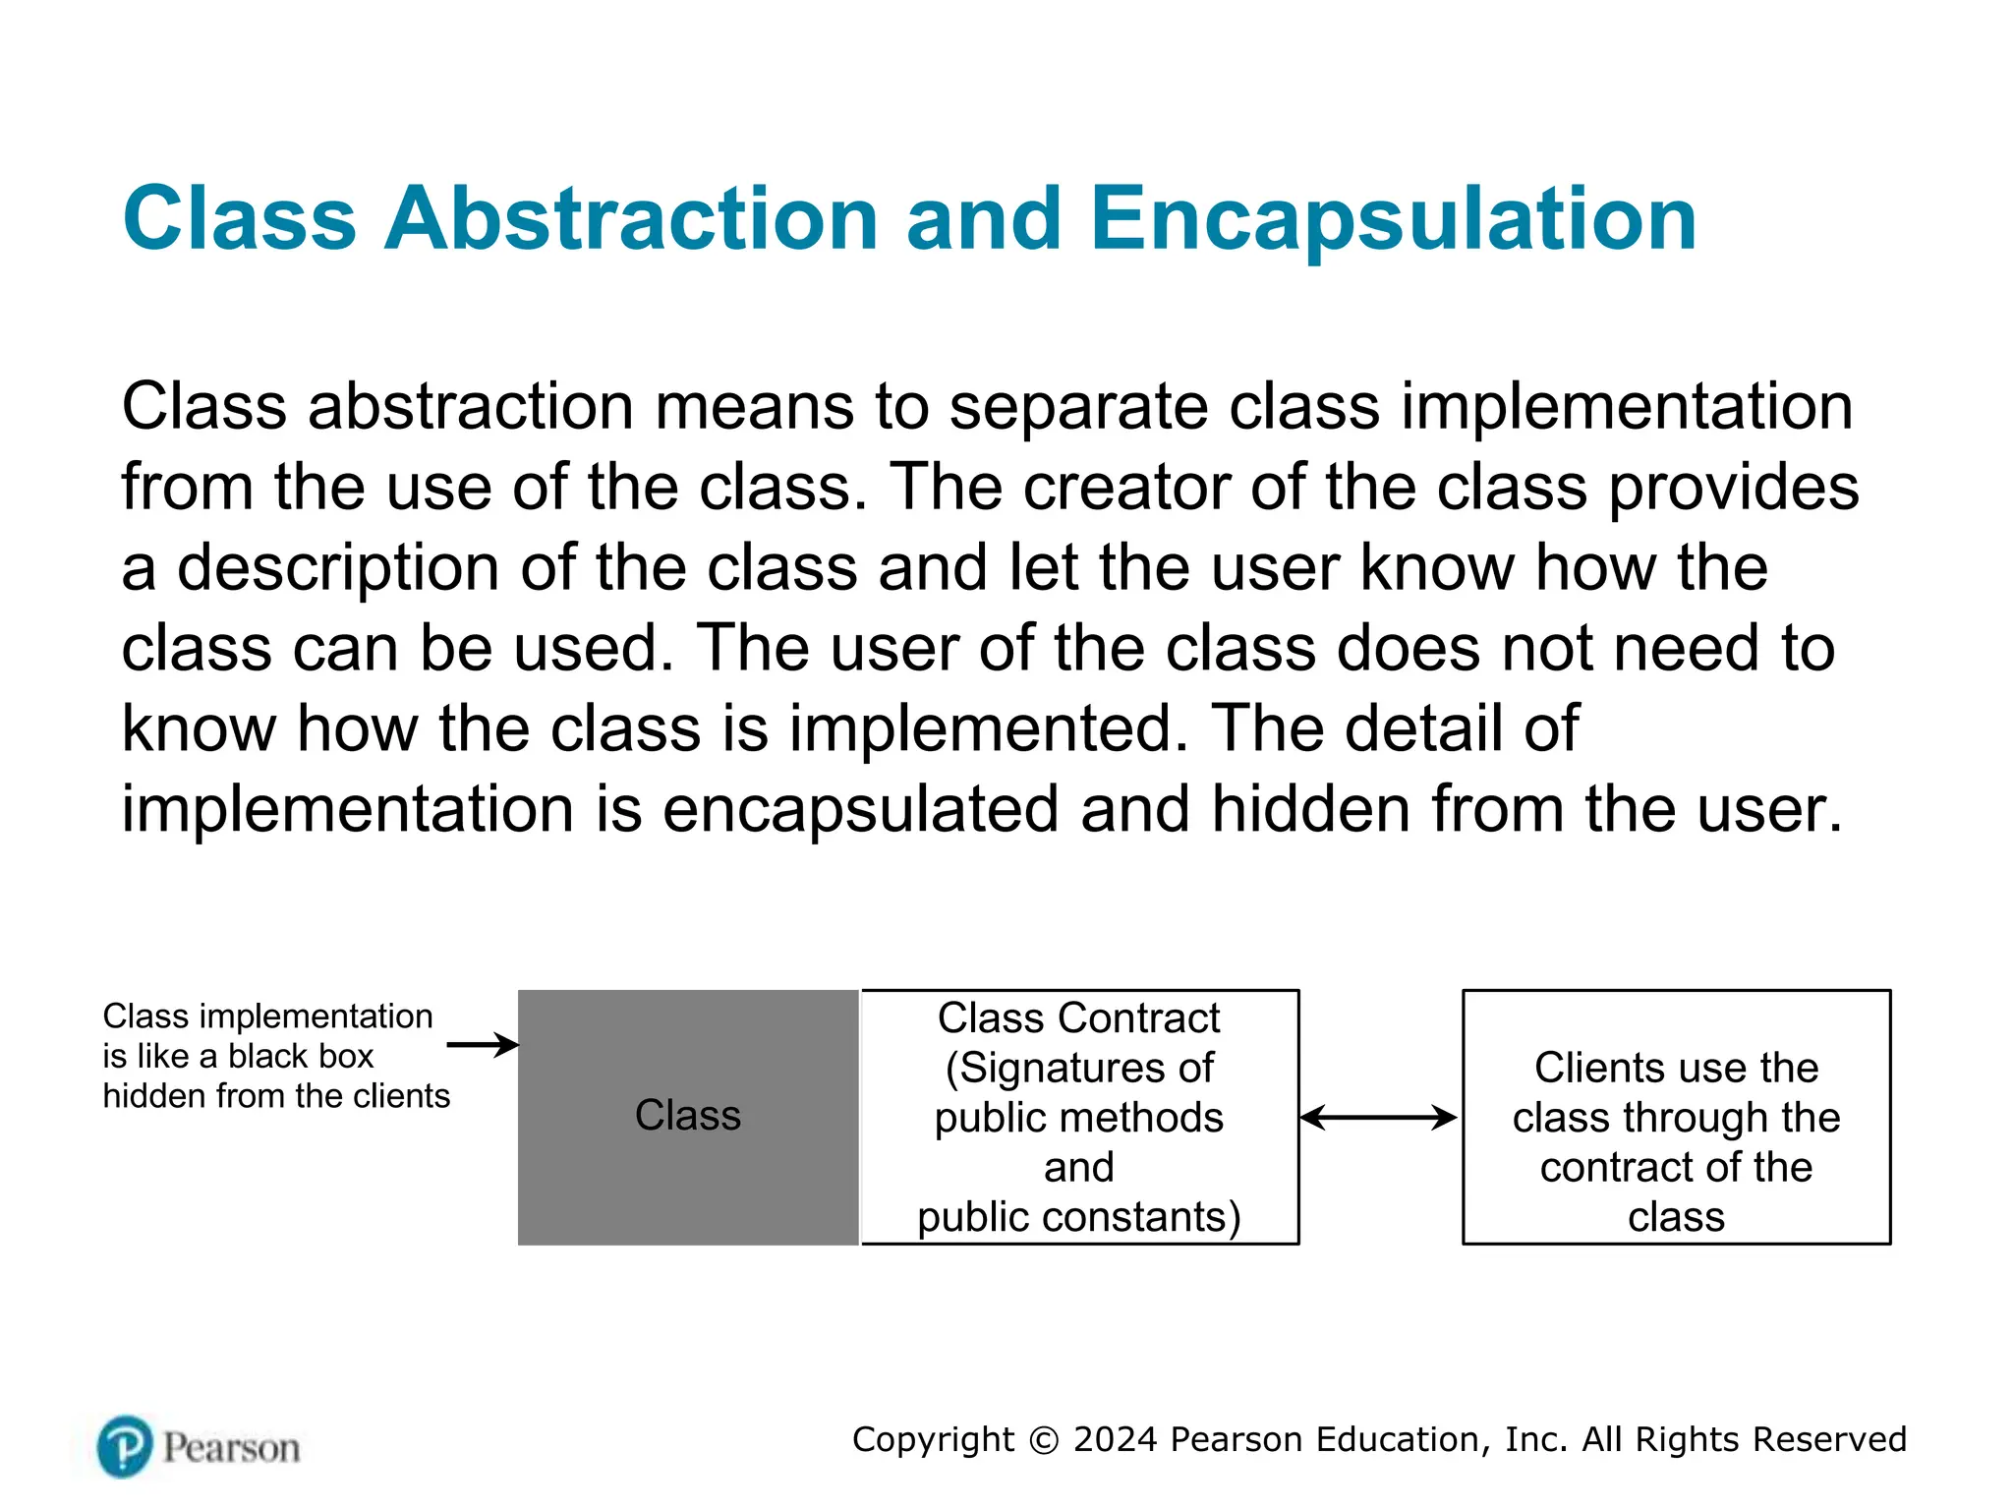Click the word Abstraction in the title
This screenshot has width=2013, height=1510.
coord(629,218)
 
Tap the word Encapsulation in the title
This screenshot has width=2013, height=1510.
coord(1393,218)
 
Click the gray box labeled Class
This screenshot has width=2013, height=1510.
coord(687,1117)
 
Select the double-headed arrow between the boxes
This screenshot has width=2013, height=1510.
coord(1378,1118)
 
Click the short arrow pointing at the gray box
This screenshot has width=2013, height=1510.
coord(482,1044)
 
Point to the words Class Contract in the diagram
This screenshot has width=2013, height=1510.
coord(1078,1018)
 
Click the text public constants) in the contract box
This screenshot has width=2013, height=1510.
coord(1078,1217)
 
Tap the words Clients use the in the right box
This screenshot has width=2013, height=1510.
coord(1676,1068)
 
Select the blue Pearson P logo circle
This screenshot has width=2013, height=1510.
coord(125,1446)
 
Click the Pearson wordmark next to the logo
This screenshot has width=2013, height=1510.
coord(232,1448)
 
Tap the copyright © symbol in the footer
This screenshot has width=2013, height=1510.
coord(1043,1440)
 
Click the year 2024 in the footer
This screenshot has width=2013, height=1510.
coord(1116,1439)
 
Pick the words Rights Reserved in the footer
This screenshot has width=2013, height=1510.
coord(1770,1439)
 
